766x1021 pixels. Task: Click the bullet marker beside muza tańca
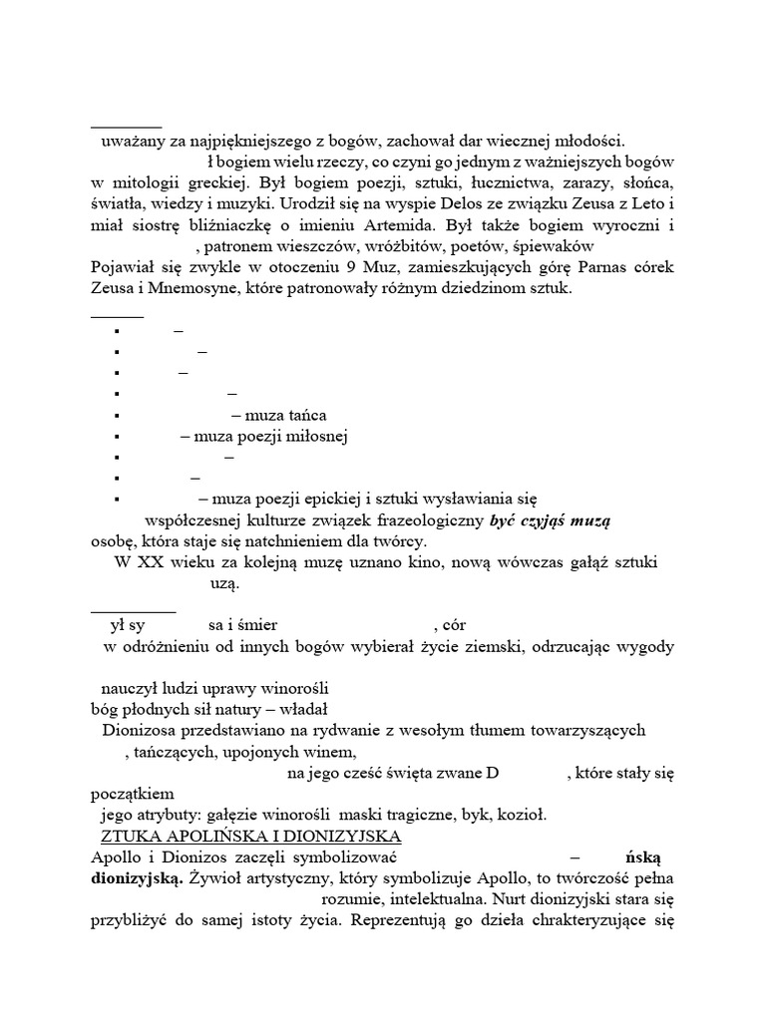[117, 416]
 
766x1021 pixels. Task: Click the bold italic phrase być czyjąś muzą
[552, 520]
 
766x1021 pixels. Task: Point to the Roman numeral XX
[149, 563]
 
